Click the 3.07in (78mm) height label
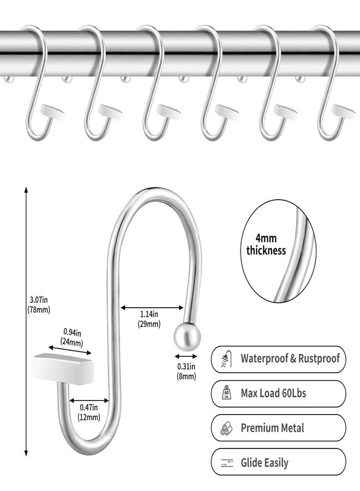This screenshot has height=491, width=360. [x=38, y=304]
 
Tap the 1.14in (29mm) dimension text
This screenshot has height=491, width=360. [x=149, y=319]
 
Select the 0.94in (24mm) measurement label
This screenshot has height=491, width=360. [x=71, y=337]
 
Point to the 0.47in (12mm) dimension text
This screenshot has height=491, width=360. [x=89, y=412]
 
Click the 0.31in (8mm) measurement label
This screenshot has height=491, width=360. [x=186, y=372]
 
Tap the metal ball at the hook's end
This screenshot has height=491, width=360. [x=187, y=337]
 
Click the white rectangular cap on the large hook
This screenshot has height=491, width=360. [x=64, y=368]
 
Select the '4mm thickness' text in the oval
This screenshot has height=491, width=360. [x=266, y=244]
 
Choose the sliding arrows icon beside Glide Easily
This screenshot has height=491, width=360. [x=227, y=463]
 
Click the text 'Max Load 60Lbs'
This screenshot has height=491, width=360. [x=273, y=393]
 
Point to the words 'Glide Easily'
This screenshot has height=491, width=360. [x=265, y=463]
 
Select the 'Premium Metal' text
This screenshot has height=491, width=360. [x=272, y=428]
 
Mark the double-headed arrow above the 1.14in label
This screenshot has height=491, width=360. [x=152, y=308]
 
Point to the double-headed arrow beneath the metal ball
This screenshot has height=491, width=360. [x=186, y=356]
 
